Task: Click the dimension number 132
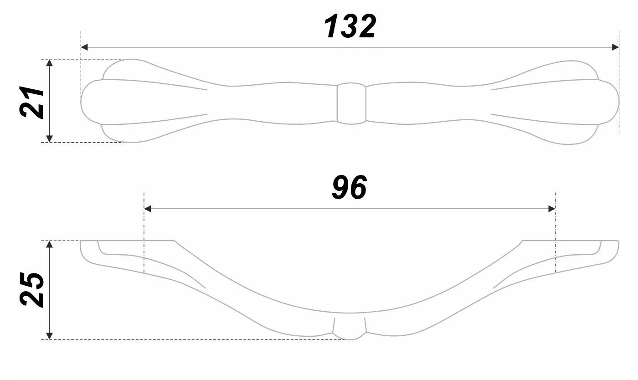(350, 26)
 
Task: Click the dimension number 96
(349, 188)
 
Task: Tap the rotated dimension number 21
(32, 101)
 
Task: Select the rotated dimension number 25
(32, 290)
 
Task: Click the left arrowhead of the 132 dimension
(84, 47)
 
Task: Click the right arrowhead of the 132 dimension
(615, 47)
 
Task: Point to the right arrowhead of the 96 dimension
(551, 209)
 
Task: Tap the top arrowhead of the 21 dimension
(50, 63)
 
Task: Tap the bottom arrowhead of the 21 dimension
(50, 139)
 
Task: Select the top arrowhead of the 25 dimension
(50, 244)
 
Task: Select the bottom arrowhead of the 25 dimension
(50, 336)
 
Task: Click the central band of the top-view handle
(351, 104)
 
